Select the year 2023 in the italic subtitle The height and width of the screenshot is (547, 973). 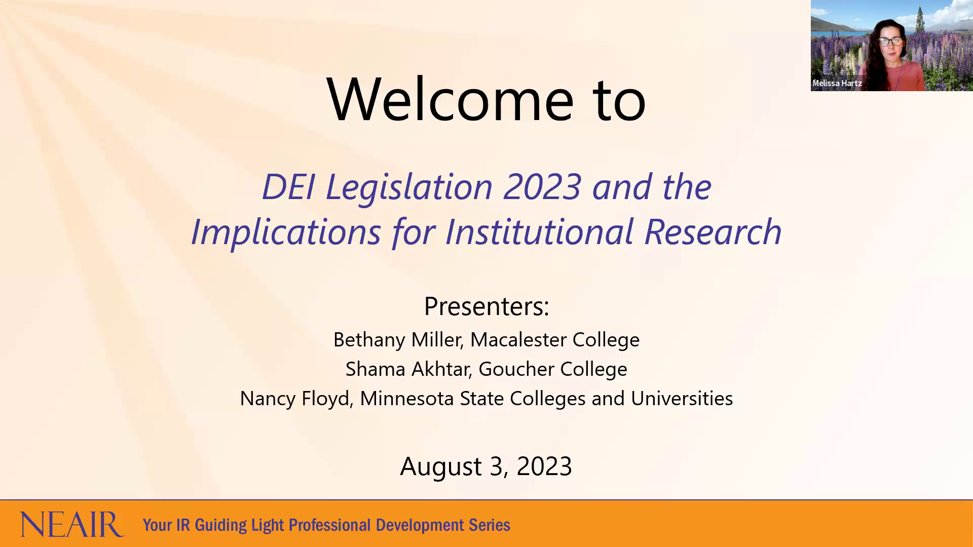(x=542, y=187)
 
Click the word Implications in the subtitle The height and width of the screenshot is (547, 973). (x=286, y=232)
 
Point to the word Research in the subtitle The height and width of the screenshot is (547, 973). (x=713, y=232)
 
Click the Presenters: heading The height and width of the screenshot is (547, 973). (x=486, y=306)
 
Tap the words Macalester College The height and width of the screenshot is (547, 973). (x=555, y=340)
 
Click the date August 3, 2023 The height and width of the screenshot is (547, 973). (x=486, y=466)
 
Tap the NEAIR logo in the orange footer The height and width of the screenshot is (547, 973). (x=72, y=524)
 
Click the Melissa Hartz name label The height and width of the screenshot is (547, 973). (x=837, y=83)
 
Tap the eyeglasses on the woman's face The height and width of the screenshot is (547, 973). (x=891, y=41)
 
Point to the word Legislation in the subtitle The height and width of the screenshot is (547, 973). (x=408, y=187)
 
